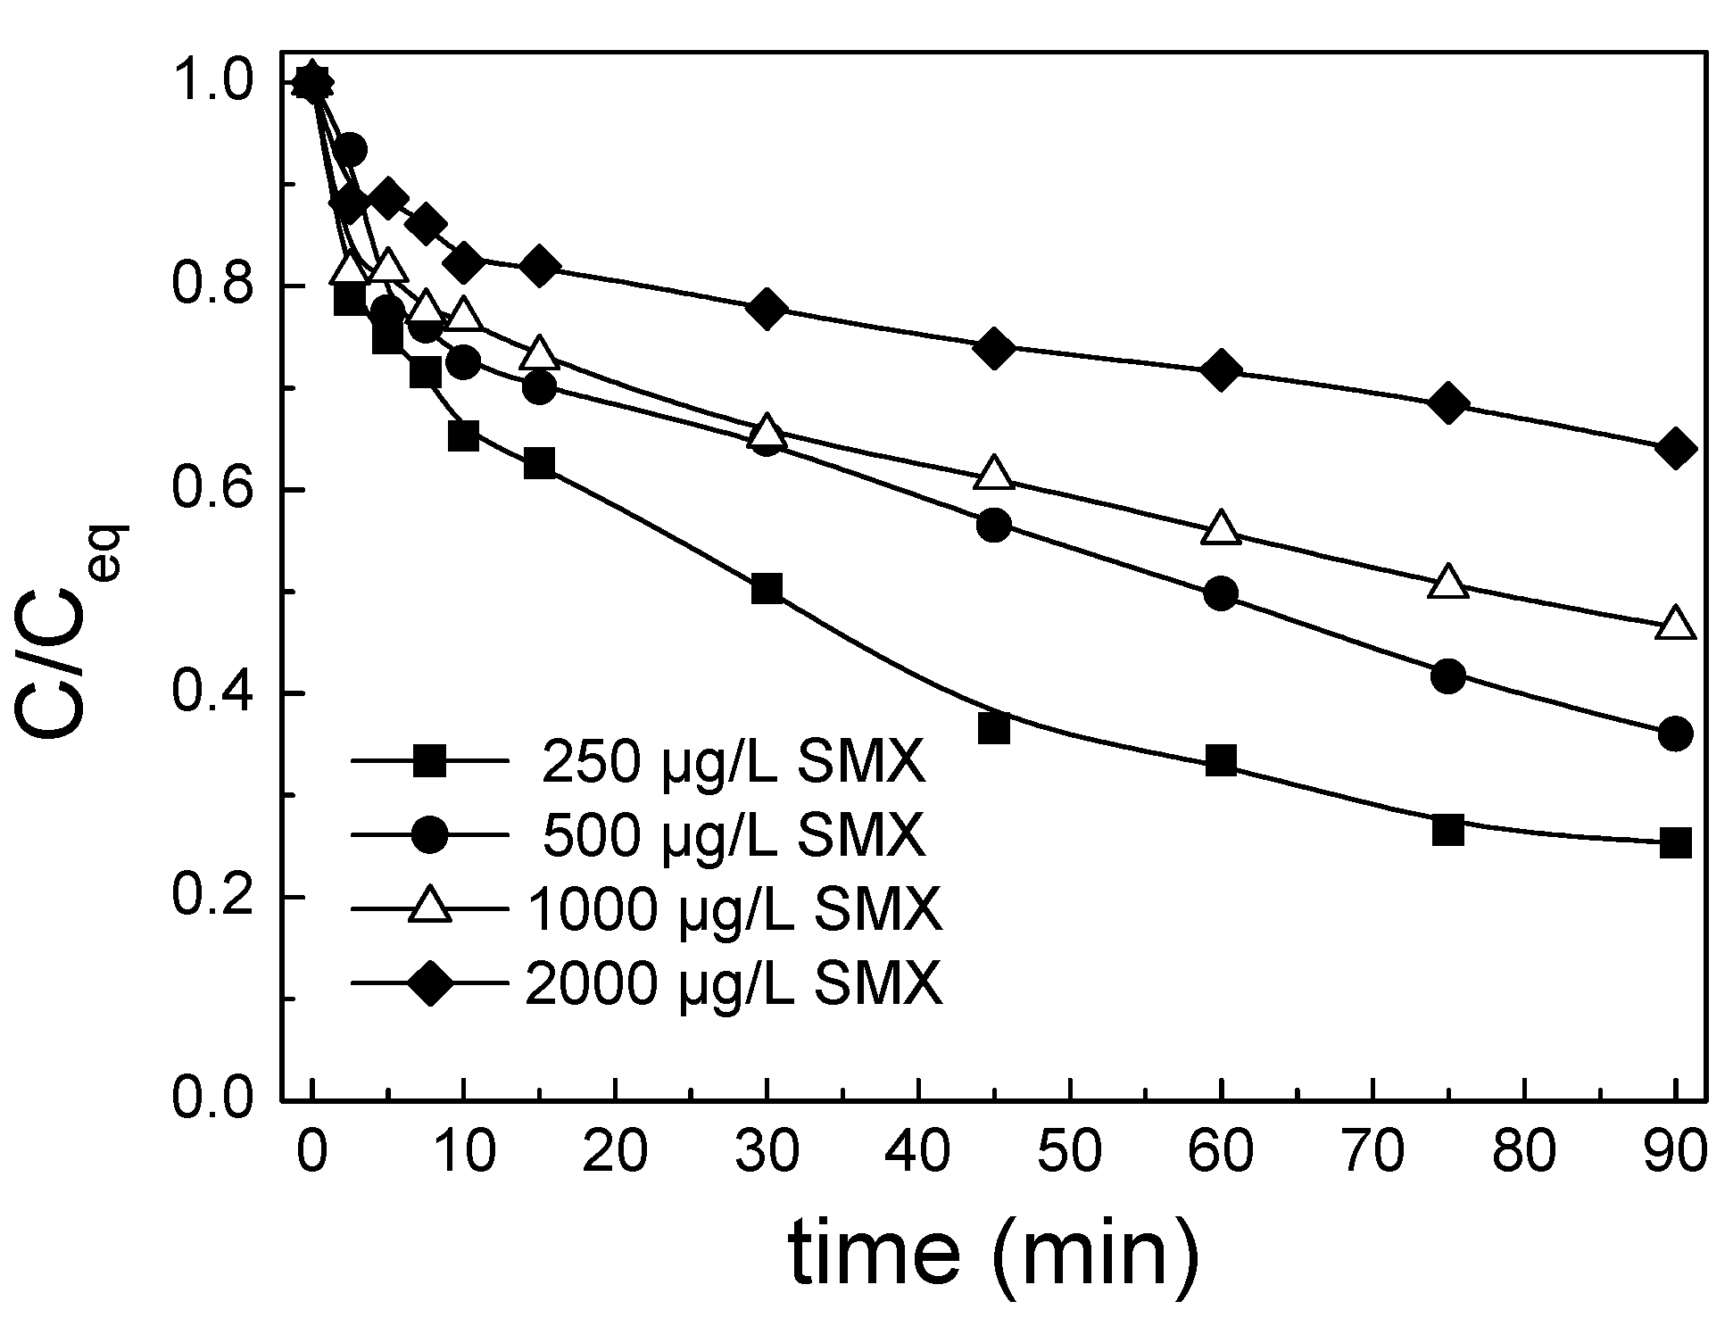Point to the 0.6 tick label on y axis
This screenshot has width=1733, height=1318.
[211, 490]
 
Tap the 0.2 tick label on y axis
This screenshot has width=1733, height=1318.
[211, 897]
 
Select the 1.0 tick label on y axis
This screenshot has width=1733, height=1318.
[211, 83]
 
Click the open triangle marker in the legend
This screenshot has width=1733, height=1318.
[430, 907]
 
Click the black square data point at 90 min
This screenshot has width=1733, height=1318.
[1675, 841]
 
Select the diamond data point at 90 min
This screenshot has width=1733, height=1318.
[1675, 449]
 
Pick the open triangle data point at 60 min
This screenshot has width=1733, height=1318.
[1221, 529]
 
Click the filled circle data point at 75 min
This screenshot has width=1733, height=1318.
[1447, 676]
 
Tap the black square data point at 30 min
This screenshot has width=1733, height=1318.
[767, 589]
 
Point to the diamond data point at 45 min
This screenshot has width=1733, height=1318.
[994, 348]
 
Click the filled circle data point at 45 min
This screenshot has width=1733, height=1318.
[994, 525]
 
